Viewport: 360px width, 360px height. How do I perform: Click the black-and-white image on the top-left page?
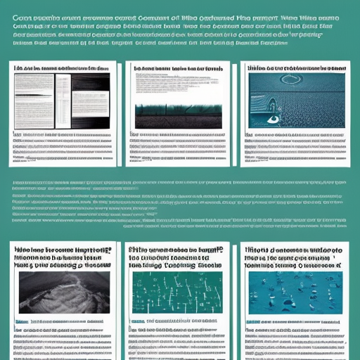62,91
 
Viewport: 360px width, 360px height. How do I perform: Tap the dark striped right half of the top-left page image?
91,91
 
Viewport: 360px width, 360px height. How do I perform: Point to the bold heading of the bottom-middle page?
175,259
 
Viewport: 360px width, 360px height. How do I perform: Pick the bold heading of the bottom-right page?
294,258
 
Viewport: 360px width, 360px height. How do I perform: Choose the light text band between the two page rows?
180,205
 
